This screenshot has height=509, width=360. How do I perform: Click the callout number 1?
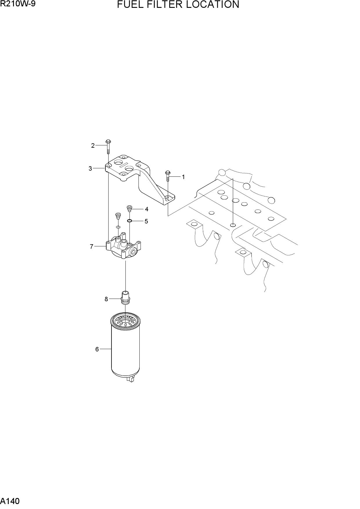(183, 177)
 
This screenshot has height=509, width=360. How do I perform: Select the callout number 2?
(93, 145)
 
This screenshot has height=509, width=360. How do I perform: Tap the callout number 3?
(90, 168)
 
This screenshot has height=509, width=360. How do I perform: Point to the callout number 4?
(147, 209)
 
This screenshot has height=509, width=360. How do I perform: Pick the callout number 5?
(146, 221)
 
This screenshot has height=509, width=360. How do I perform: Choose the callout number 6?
(97, 349)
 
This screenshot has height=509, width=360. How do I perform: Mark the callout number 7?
(91, 246)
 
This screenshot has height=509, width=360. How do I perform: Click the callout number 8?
(106, 299)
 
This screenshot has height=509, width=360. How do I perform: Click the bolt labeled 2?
(108, 147)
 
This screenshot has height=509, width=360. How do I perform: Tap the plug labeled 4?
(129, 208)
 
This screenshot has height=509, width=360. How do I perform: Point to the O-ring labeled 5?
(129, 221)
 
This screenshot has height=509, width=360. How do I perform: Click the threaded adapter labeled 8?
(125, 297)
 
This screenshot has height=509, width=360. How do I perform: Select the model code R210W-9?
(18, 4)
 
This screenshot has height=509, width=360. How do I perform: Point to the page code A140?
(10, 501)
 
